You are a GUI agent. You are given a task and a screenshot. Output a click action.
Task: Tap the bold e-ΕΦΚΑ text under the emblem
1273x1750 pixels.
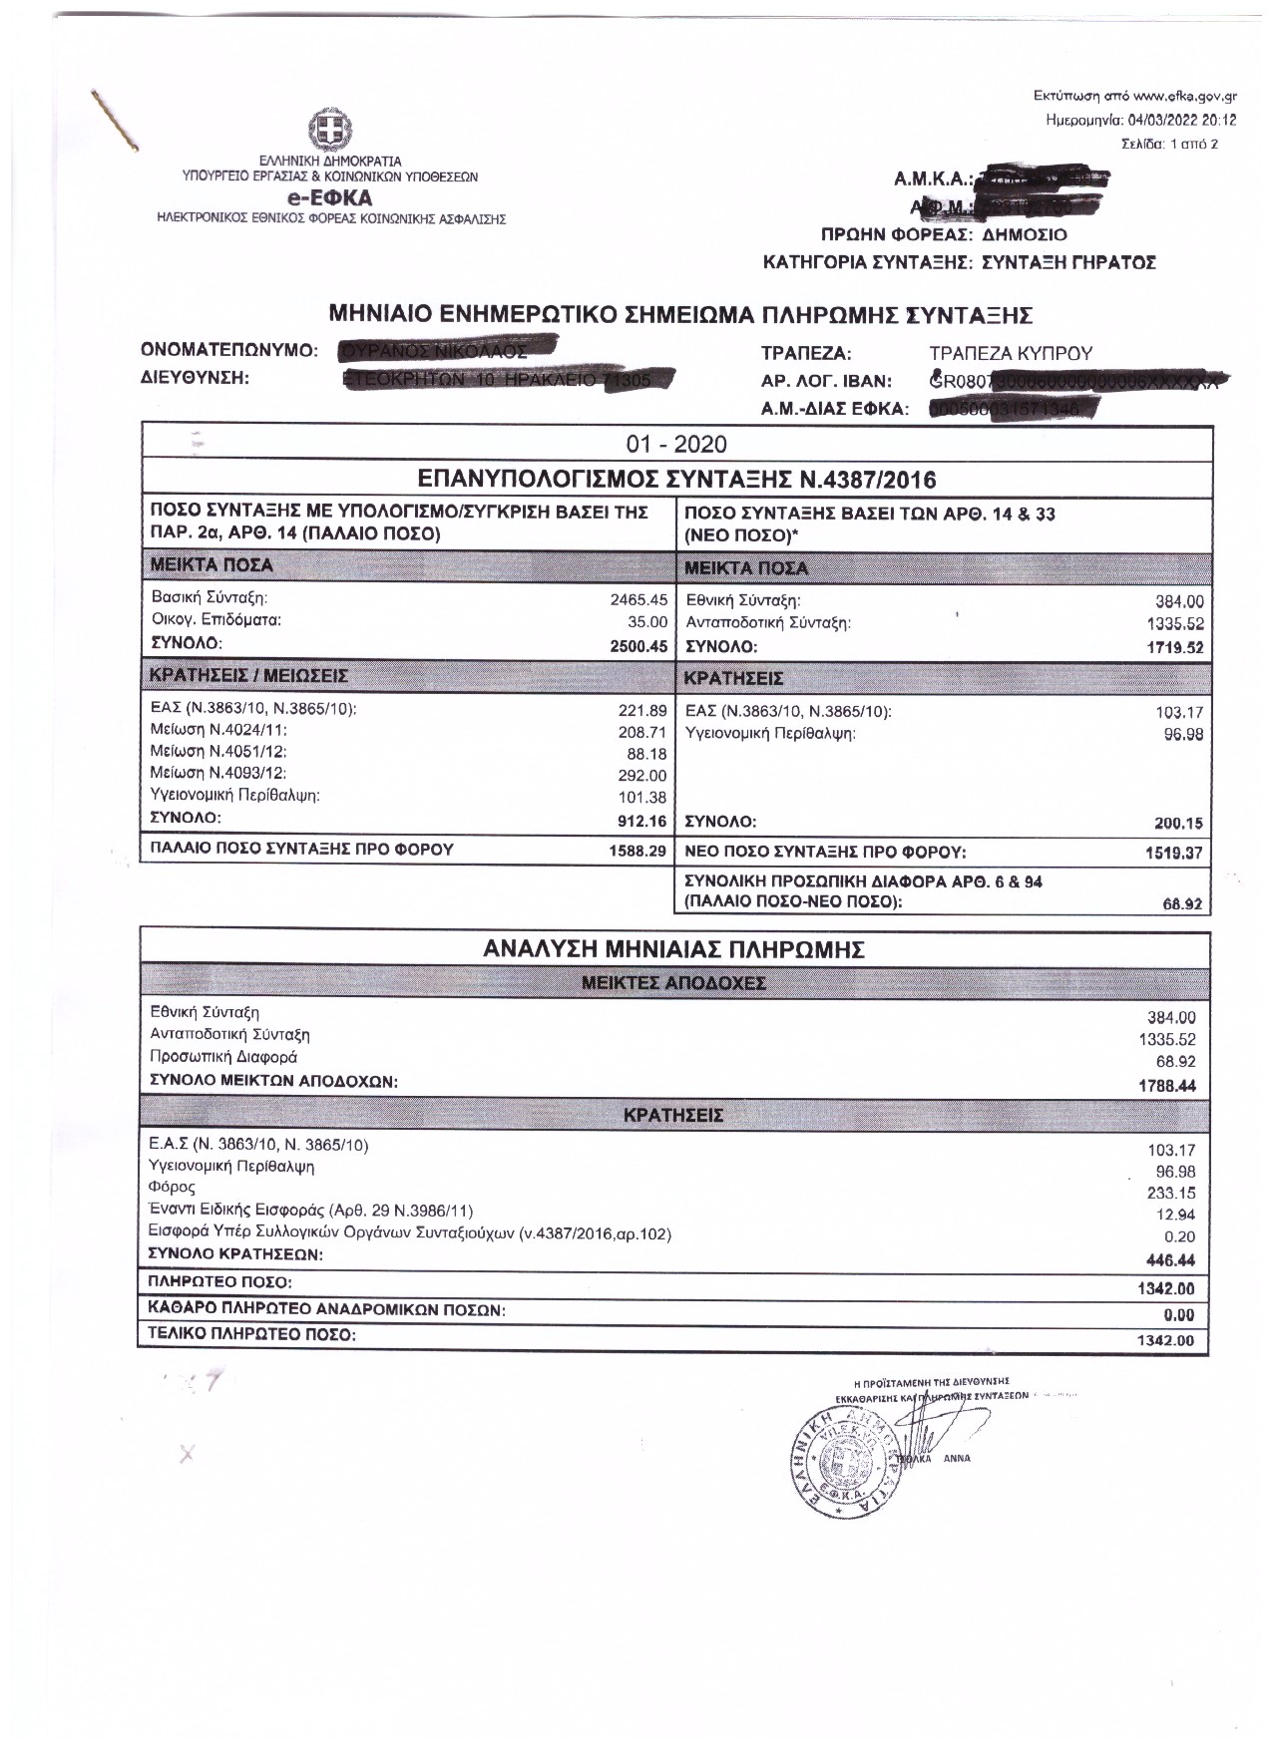[329, 198]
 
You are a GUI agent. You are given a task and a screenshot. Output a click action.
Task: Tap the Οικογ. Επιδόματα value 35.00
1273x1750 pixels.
[647, 621]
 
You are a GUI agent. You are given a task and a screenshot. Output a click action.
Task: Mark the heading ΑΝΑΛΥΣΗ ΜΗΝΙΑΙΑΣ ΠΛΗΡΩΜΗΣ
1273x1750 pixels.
[673, 949]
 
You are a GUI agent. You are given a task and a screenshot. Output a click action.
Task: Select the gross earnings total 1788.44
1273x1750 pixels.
[1167, 1086]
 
